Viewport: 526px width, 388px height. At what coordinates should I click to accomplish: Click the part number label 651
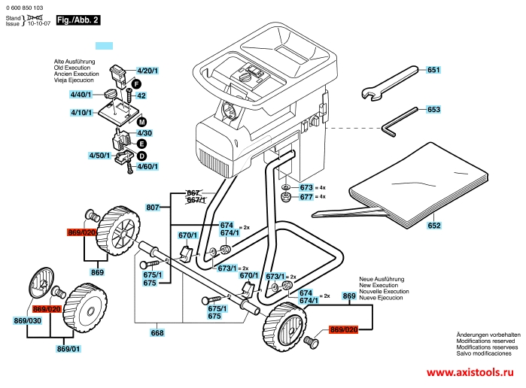coord(433,70)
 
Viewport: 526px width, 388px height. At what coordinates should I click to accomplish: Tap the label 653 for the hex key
coord(433,110)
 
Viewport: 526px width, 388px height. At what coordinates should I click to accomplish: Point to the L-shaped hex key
coord(400,120)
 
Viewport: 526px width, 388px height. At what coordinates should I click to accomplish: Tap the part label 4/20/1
coord(147,71)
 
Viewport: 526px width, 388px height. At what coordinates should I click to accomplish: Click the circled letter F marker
coord(137,83)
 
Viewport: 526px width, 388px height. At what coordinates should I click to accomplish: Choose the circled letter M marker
coord(141,121)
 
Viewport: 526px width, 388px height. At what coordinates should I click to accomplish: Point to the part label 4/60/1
coord(148,165)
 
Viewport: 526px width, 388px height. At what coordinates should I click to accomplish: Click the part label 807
coord(154,208)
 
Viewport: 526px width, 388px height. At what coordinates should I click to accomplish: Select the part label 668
coord(157,333)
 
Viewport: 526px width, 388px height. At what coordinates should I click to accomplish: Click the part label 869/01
coord(68,349)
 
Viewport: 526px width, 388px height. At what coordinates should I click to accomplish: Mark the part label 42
coord(141,95)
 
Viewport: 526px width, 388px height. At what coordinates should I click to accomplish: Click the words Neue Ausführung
coord(381,278)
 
